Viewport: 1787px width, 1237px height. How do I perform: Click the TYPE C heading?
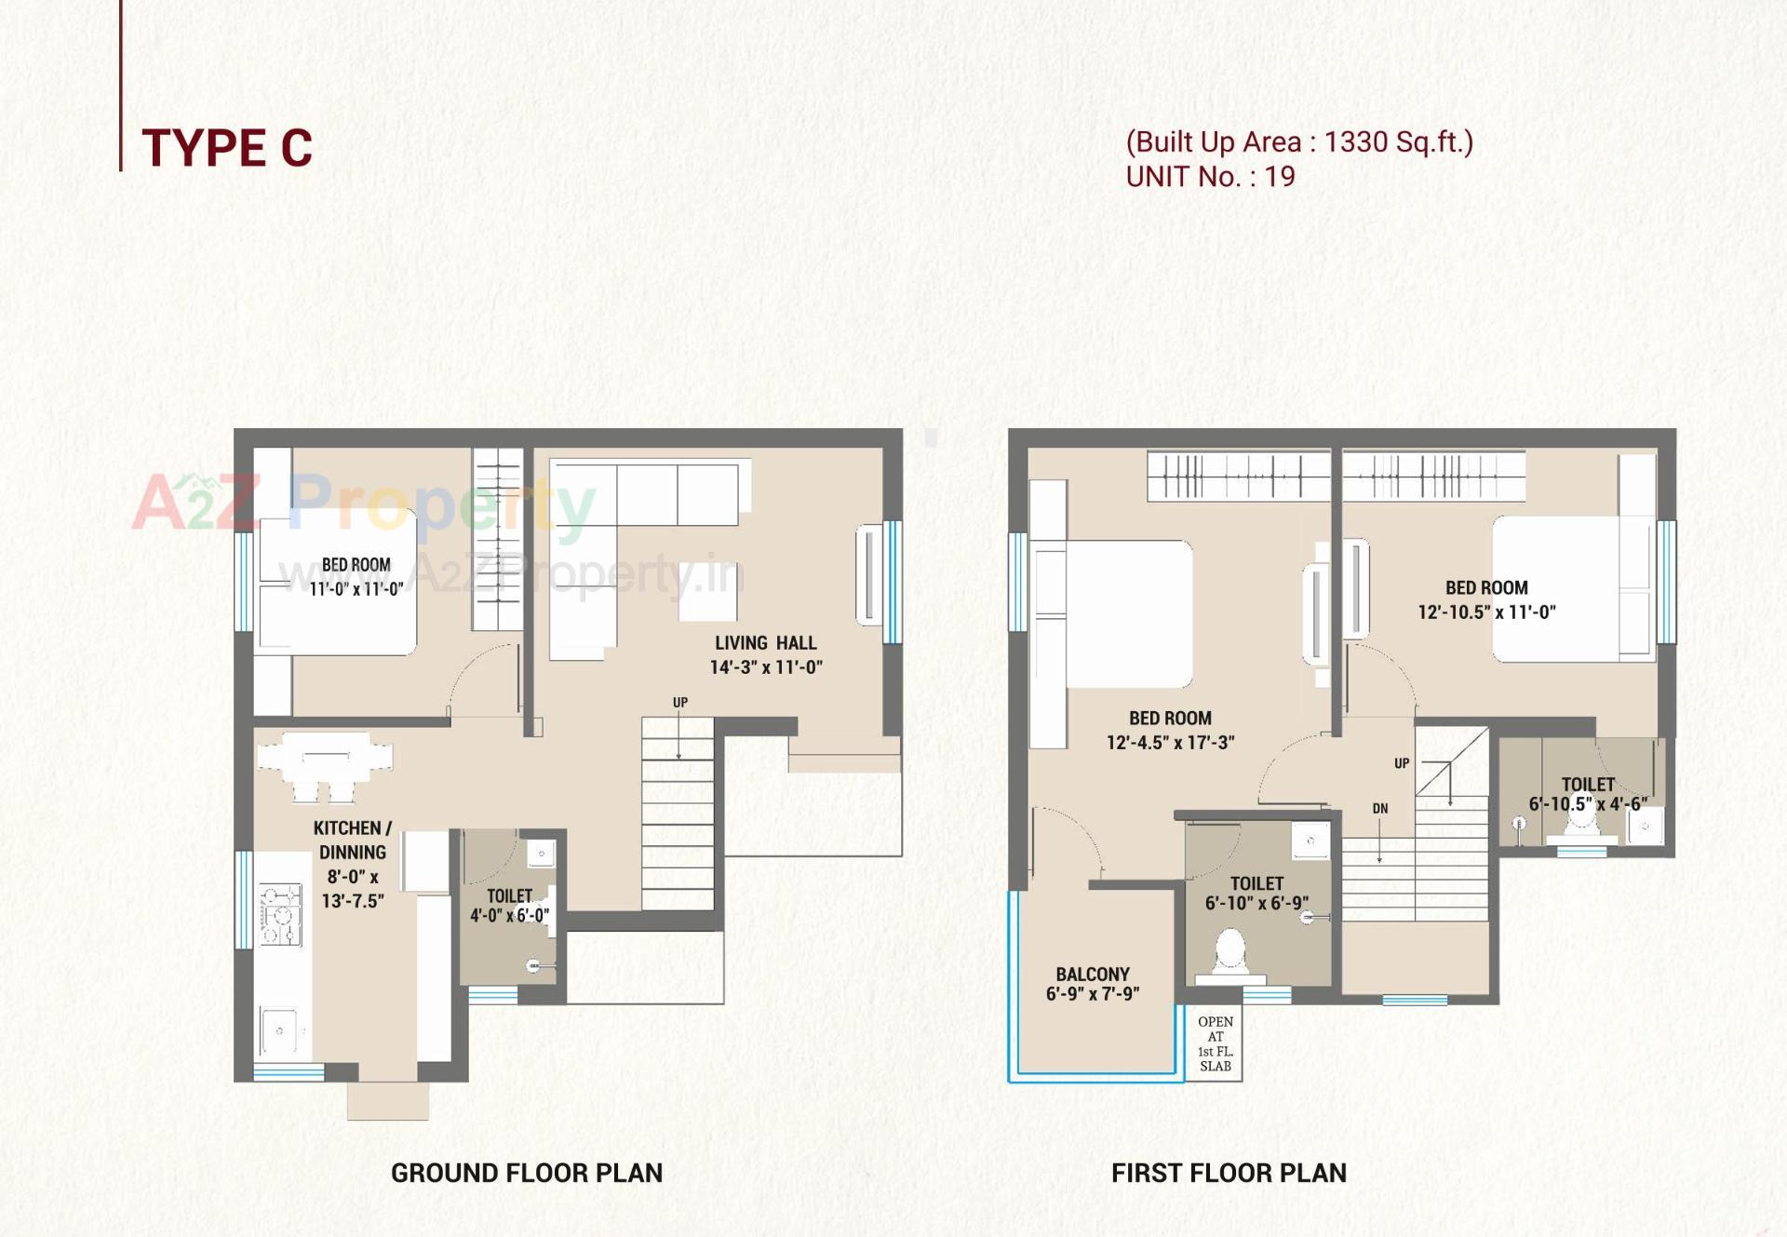click(x=226, y=148)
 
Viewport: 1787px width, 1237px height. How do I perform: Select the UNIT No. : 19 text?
click(x=1209, y=177)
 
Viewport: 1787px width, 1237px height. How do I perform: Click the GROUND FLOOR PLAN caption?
click(x=526, y=1173)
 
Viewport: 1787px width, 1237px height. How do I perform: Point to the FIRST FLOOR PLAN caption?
click(x=1228, y=1173)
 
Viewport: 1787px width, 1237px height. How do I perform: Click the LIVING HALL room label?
click(x=765, y=643)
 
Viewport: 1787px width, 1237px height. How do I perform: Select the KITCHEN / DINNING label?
click(x=352, y=840)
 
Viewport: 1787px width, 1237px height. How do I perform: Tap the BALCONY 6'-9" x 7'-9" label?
click(x=1092, y=984)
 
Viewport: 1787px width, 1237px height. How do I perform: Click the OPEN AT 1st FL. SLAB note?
click(x=1215, y=1043)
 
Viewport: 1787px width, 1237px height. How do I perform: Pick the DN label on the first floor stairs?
click(x=1379, y=809)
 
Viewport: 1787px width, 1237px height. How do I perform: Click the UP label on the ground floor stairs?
click(x=680, y=703)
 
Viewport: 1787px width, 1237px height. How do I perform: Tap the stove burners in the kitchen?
click(x=280, y=914)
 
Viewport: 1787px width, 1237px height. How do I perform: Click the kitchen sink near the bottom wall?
click(x=280, y=1029)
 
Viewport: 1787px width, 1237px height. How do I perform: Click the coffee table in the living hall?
click(x=707, y=592)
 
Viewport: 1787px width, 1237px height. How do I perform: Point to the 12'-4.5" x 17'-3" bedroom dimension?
click(x=1169, y=743)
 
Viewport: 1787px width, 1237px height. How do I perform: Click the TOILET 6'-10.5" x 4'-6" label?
click(x=1587, y=794)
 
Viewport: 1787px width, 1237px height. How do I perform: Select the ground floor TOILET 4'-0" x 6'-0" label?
click(x=509, y=905)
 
